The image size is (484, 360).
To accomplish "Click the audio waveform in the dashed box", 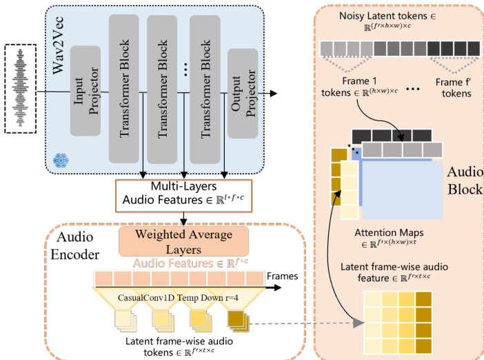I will point(25,88).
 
